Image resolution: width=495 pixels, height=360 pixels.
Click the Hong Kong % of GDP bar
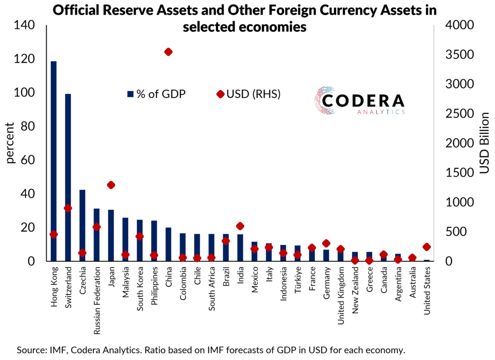coord(54,161)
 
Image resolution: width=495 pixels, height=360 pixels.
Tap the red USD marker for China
coord(168,52)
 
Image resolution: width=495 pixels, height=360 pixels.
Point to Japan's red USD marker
coord(111,185)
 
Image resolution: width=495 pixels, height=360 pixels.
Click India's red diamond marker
coord(240,226)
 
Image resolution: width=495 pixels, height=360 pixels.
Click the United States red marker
coord(427,247)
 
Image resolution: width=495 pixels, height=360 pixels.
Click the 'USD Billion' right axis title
coord(484,143)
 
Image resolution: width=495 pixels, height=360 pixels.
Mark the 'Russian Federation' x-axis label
coord(97,294)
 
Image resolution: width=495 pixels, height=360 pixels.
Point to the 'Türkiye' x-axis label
coord(297,281)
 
